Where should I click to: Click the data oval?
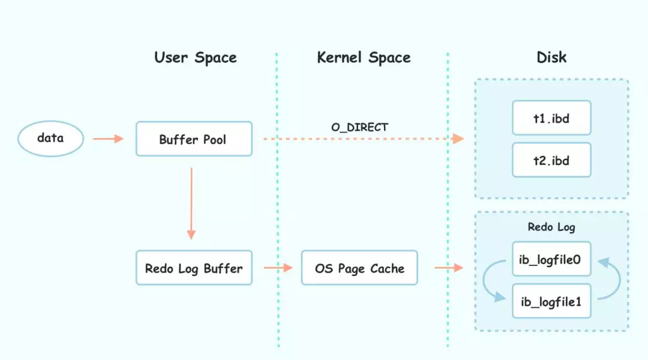[50, 139]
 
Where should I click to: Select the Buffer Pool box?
[193, 139]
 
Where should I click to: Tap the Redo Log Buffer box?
[193, 268]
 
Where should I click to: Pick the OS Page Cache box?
[359, 268]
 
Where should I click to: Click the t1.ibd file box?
[551, 118]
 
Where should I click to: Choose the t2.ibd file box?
[551, 160]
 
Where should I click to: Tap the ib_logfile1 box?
[551, 301]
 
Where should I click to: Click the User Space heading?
[196, 58]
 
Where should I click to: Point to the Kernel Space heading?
[364, 58]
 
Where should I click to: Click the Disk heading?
[551, 58]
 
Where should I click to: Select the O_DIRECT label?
[360, 127]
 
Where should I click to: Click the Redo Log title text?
[551, 227]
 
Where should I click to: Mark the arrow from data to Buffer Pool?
[108, 139]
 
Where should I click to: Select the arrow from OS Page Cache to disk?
[448, 268]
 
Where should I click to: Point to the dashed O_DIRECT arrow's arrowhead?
[458, 139]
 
